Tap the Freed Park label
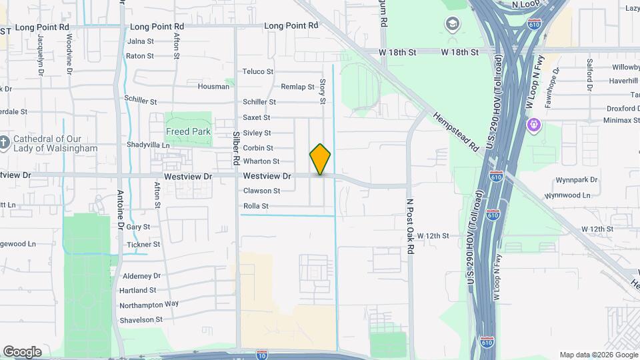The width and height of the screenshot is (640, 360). click(189, 131)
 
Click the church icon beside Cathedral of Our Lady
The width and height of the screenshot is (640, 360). click(4, 141)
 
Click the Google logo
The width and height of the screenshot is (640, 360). click(22, 351)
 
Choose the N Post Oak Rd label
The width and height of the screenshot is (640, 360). click(411, 225)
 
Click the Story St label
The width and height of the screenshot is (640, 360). click(322, 91)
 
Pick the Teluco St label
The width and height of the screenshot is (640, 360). click(258, 71)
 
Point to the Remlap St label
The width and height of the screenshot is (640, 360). click(297, 87)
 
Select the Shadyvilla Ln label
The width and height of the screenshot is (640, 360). click(148, 145)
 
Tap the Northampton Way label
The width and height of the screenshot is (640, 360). click(149, 304)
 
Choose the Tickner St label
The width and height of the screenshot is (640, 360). click(143, 245)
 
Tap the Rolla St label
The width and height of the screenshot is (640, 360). click(255, 207)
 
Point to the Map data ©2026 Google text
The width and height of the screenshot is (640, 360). click(598, 355)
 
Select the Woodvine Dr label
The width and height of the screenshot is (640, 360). click(69, 50)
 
